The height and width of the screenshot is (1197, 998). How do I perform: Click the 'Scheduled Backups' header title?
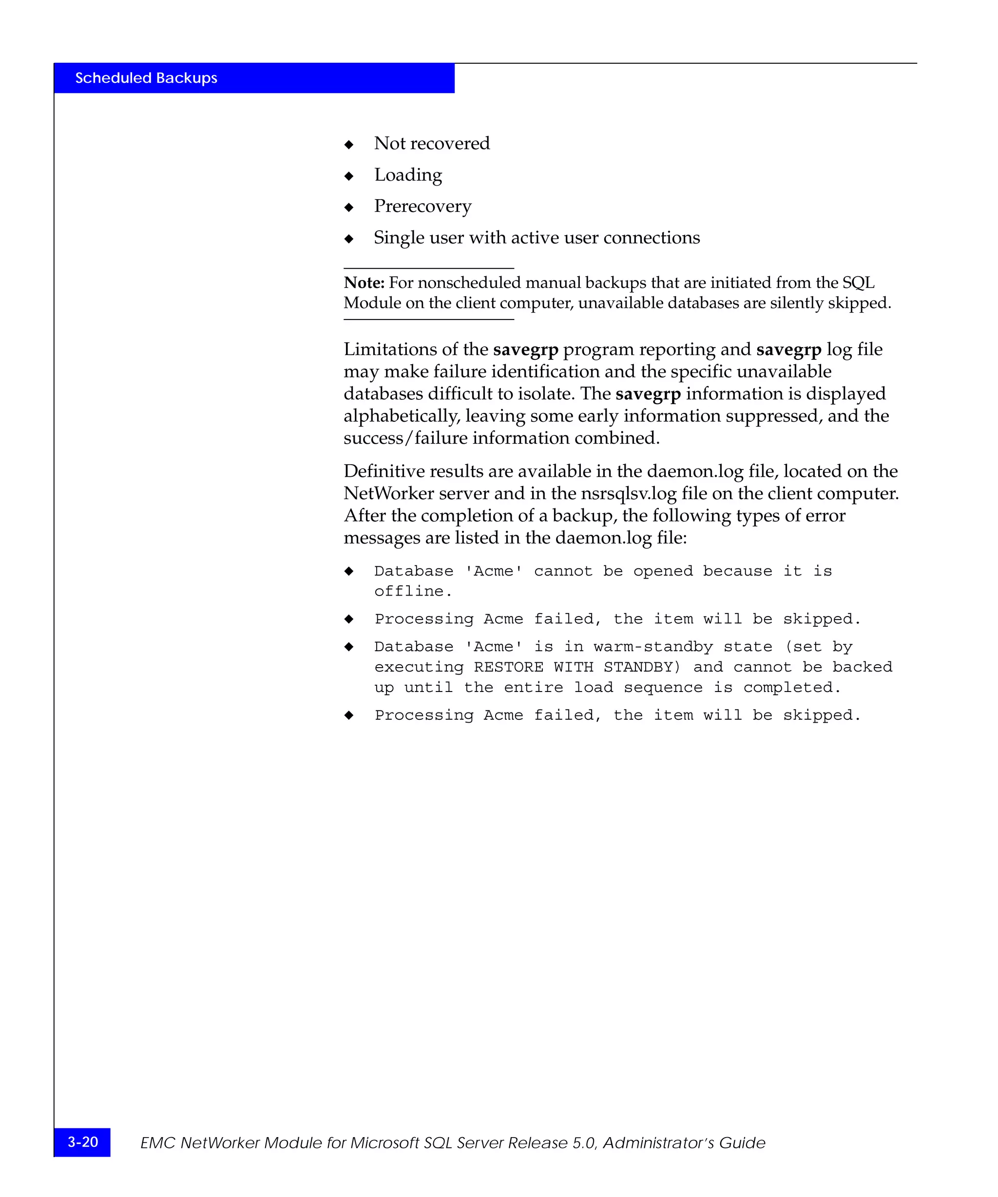pyautogui.click(x=146, y=78)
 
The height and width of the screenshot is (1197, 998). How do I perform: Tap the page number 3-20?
pyautogui.click(x=83, y=1141)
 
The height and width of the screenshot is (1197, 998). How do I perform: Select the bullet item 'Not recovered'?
pyautogui.click(x=432, y=143)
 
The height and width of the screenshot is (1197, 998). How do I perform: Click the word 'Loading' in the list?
pyautogui.click(x=408, y=175)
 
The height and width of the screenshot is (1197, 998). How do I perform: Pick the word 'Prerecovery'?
pyautogui.click(x=422, y=206)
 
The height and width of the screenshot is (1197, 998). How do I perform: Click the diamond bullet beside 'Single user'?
pyautogui.click(x=349, y=238)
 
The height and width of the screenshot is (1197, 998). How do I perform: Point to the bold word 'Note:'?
pyautogui.click(x=364, y=283)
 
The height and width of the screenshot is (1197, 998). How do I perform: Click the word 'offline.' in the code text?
pyautogui.click(x=413, y=592)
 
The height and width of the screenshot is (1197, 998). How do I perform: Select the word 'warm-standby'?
pyautogui.click(x=653, y=647)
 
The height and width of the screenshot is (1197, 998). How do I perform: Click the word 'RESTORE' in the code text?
pyautogui.click(x=508, y=668)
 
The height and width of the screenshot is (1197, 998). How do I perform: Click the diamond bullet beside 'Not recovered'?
pyautogui.click(x=349, y=145)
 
